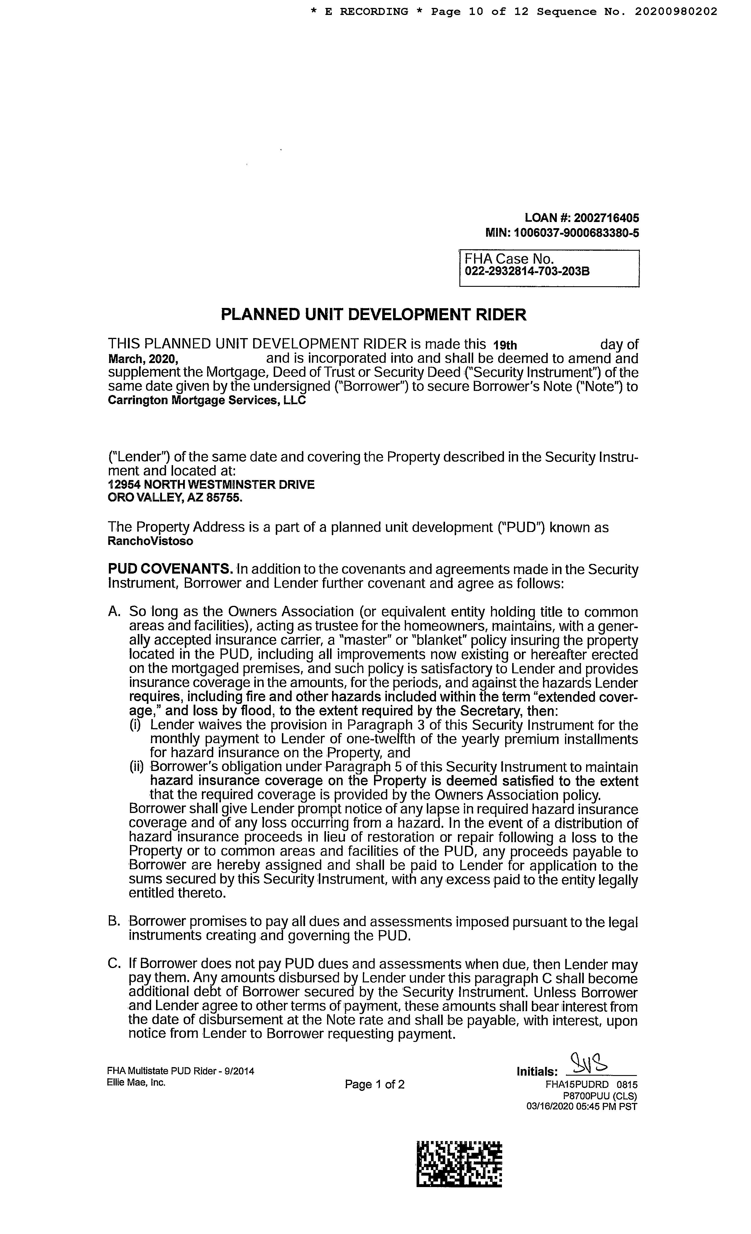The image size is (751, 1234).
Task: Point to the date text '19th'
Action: [505, 345]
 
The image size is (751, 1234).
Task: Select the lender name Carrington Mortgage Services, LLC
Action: [207, 401]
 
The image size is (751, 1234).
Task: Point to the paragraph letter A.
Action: [114, 612]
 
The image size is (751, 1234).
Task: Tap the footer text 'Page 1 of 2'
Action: [375, 1085]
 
